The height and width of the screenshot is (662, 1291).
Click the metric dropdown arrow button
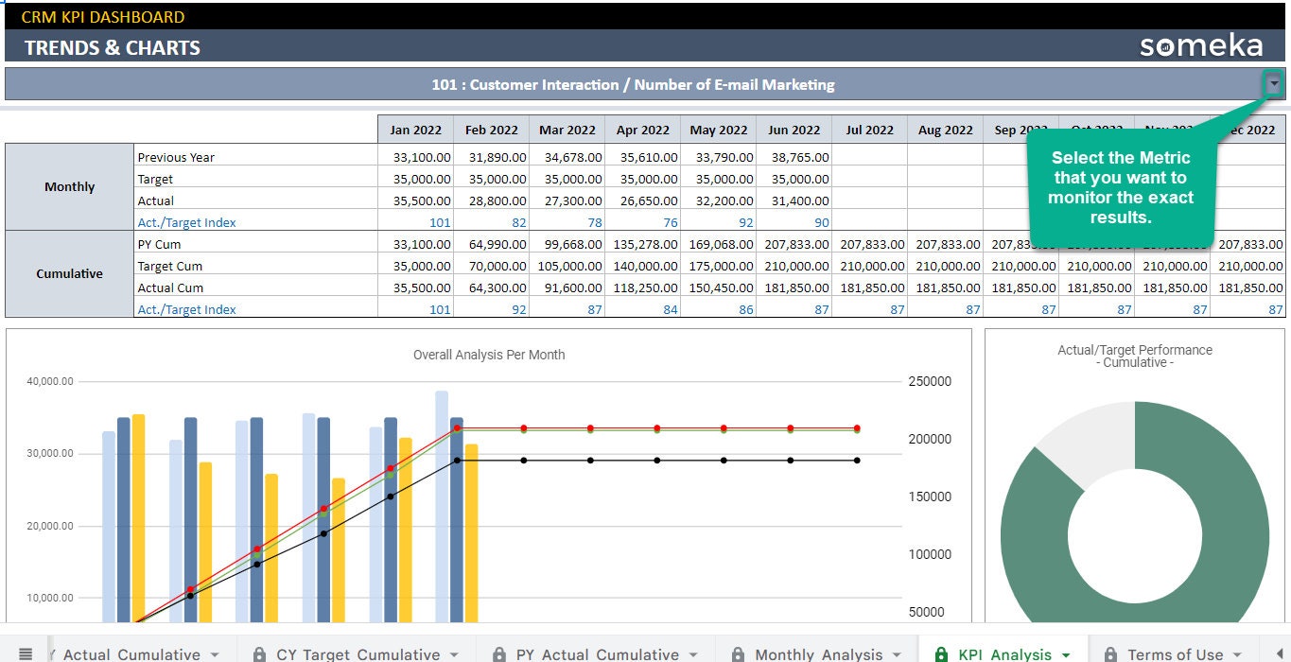pos(1274,84)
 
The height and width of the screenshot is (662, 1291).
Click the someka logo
pos(1200,46)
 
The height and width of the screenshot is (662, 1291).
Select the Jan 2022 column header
pos(415,130)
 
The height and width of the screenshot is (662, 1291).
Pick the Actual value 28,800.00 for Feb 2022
pos(491,200)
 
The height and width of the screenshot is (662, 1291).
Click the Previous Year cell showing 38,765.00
pos(794,157)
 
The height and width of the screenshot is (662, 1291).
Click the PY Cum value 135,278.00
pos(642,244)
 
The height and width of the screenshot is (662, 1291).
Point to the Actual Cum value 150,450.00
pos(718,287)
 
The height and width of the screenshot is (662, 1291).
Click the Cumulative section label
pos(69,273)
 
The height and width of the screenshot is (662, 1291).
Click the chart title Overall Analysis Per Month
pos(489,355)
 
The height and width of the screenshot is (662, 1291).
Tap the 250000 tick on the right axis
pos(929,381)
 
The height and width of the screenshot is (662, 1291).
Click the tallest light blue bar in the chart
pos(442,501)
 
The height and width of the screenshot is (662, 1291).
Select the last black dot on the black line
pos(857,461)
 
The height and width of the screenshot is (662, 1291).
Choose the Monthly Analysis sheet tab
pos(818,653)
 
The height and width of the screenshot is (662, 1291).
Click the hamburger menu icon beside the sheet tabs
pos(26,653)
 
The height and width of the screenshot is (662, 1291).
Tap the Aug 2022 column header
pos(945,130)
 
